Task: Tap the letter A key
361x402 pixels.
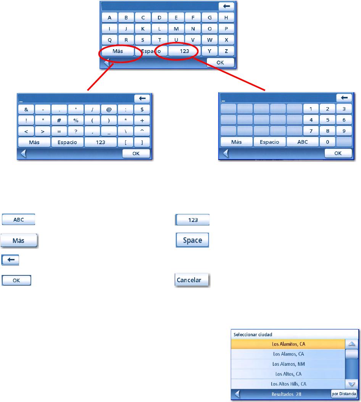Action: (x=110, y=18)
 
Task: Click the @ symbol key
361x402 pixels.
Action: (x=109, y=110)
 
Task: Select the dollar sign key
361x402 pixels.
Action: (x=142, y=110)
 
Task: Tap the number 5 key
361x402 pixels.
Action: (x=328, y=120)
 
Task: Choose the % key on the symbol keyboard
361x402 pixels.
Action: (x=76, y=121)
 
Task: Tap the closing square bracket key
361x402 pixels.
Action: (x=142, y=142)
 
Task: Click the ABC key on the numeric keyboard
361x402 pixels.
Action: (x=303, y=142)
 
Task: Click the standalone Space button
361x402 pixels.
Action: (x=192, y=241)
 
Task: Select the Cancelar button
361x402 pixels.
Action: (x=193, y=280)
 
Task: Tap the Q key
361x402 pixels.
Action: (x=110, y=40)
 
